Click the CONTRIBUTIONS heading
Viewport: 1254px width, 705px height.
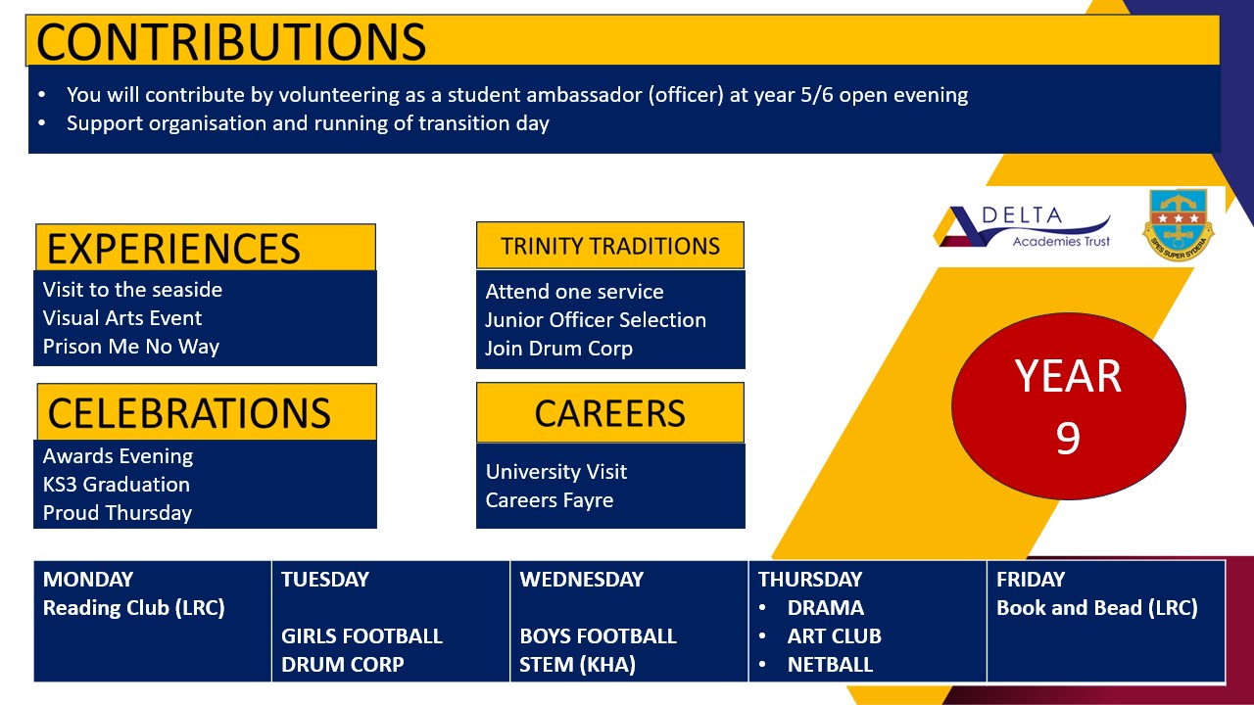(x=231, y=41)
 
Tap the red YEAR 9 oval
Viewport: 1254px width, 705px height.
(x=1068, y=405)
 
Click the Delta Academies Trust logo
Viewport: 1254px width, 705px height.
(x=1024, y=227)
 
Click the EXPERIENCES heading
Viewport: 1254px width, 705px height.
(x=173, y=249)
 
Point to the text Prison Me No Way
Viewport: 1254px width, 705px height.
(x=131, y=347)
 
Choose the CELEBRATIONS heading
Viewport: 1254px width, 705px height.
(x=189, y=414)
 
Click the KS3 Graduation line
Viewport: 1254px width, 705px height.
(x=117, y=485)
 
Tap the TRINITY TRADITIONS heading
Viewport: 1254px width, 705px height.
(x=610, y=247)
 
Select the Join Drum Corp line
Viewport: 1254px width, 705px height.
(x=559, y=349)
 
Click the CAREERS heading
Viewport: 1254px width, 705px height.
(x=610, y=414)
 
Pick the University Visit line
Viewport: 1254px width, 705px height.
(x=556, y=472)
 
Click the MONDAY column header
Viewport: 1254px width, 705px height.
(x=88, y=580)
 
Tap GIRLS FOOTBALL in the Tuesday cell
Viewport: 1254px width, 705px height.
(x=362, y=636)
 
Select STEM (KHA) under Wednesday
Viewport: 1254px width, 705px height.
(x=577, y=665)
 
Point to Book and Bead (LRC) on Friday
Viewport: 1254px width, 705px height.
(x=1097, y=608)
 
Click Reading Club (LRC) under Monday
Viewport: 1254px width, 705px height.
(x=134, y=608)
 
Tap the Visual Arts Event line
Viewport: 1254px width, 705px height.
(x=122, y=318)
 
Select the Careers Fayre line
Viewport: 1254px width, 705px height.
(x=550, y=500)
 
